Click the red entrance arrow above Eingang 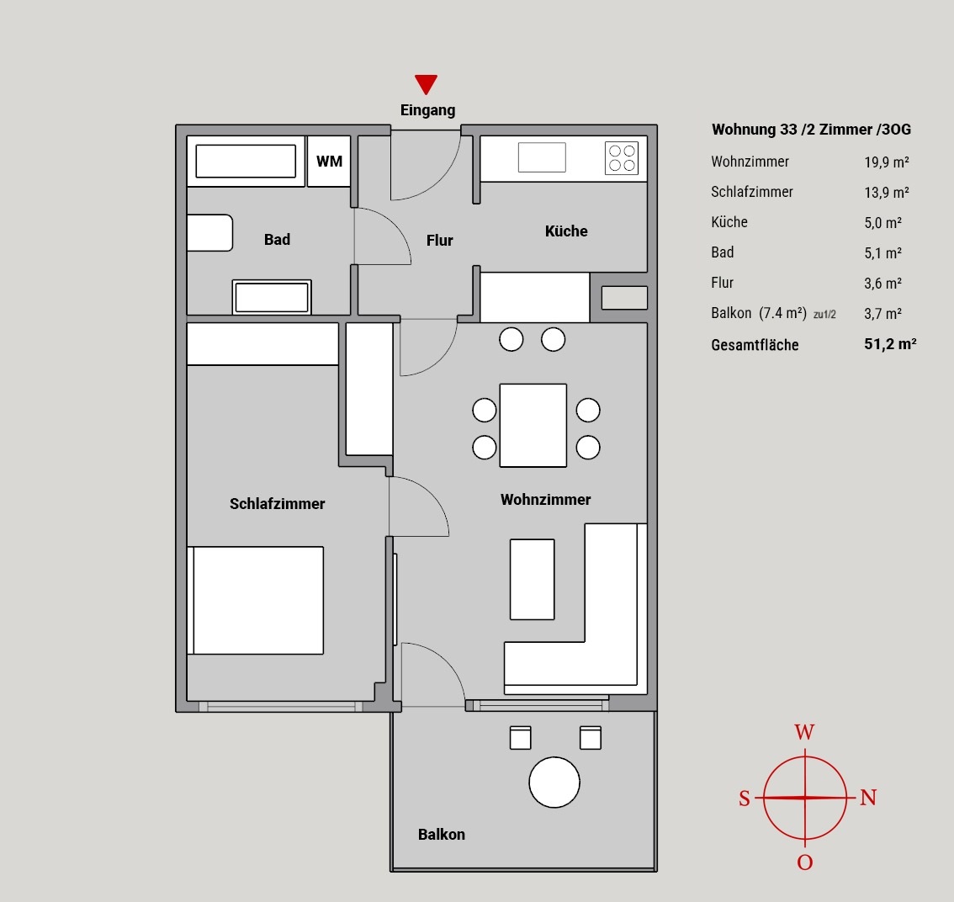point(426,84)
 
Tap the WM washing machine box point(329,161)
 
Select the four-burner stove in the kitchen point(622,158)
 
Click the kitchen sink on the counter point(542,157)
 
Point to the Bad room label point(277,239)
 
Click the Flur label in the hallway point(439,241)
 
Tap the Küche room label point(566,231)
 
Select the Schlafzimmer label point(278,503)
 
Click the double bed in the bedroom point(256,600)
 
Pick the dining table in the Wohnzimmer point(533,426)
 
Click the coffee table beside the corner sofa point(533,580)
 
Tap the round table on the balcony point(554,783)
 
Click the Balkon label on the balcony point(441,834)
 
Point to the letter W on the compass point(804,731)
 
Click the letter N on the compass point(868,798)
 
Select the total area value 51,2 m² point(890,344)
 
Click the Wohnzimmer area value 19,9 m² point(887,162)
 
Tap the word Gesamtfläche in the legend point(755,344)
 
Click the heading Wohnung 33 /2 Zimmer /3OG point(811,129)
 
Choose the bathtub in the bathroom point(246,161)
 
